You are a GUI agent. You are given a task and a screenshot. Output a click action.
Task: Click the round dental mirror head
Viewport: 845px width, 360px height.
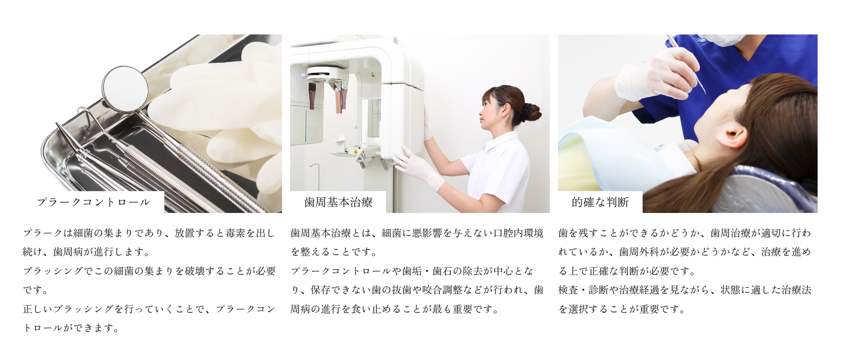click(125, 89)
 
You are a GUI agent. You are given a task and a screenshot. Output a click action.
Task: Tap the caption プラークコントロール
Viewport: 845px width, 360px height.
click(94, 202)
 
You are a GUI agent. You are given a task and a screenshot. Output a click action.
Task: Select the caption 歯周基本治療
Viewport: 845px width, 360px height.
click(338, 202)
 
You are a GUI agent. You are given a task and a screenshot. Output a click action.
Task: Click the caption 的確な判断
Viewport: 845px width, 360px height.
click(600, 202)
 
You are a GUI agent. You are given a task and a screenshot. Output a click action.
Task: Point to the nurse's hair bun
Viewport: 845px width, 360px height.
click(533, 112)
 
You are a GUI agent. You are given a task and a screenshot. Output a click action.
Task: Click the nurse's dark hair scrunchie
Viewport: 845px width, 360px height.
click(527, 110)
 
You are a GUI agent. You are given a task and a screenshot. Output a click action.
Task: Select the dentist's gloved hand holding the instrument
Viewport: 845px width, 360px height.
click(654, 76)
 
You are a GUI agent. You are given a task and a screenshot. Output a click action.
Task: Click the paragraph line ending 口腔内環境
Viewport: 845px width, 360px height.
click(417, 233)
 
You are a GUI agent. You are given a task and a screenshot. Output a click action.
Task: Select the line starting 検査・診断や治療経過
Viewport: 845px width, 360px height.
click(685, 290)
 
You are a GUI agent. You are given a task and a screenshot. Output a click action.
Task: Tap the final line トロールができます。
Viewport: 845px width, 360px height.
click(72, 328)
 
